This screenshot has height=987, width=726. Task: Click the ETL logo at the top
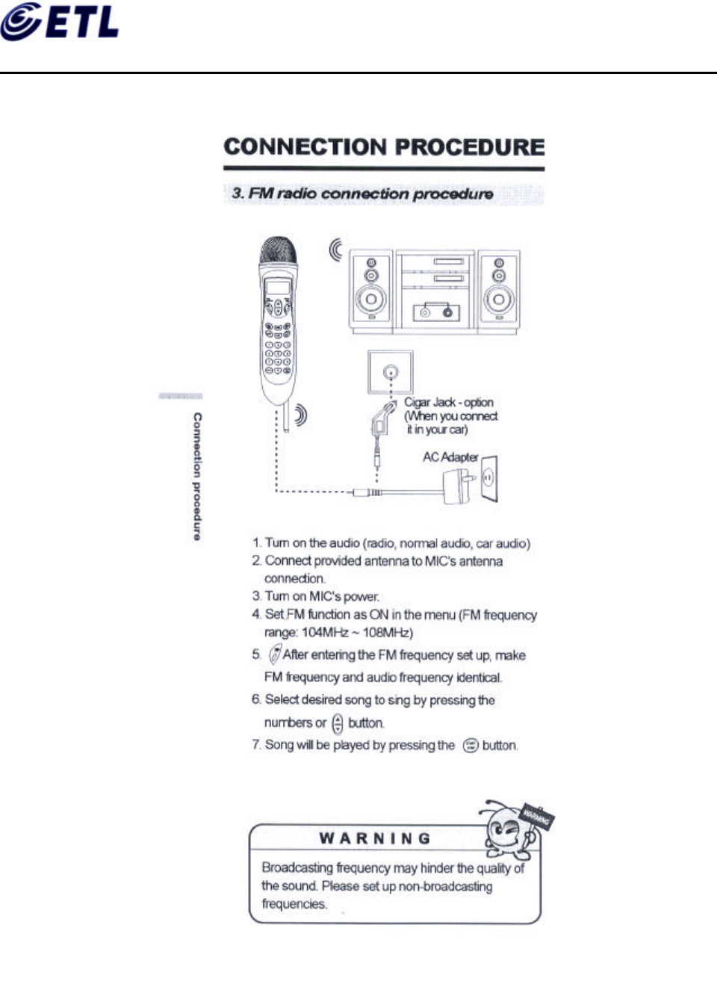point(60,22)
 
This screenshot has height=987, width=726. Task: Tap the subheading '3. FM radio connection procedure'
point(363,194)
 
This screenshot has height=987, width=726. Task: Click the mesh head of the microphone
point(277,251)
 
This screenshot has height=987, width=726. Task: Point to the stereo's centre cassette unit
point(435,291)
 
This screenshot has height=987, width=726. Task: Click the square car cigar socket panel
point(390,371)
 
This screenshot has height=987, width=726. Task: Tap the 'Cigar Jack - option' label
point(449,402)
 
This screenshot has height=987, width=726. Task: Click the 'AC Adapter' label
point(450,457)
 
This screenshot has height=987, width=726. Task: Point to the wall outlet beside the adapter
point(489,478)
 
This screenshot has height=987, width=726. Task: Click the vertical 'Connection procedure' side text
point(197,476)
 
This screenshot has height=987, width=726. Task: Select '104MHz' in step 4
point(324,633)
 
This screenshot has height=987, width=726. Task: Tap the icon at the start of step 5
point(275,654)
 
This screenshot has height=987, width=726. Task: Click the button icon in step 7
point(470,746)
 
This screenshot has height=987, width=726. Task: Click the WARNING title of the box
point(375,838)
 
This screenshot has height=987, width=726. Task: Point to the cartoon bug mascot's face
point(505,829)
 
